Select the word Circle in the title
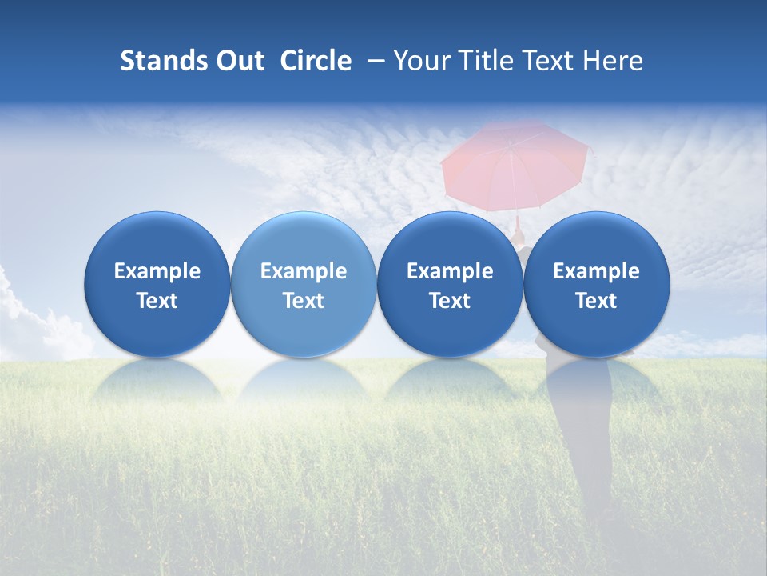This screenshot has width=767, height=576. tap(316, 61)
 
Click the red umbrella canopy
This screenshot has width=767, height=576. tap(515, 164)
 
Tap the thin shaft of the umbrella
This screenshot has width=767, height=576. tap(518, 223)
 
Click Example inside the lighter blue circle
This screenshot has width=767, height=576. tap(304, 271)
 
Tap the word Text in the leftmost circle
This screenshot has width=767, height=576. tap(157, 301)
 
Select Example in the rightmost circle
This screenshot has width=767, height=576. tap(596, 271)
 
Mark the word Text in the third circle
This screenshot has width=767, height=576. tap(450, 301)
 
